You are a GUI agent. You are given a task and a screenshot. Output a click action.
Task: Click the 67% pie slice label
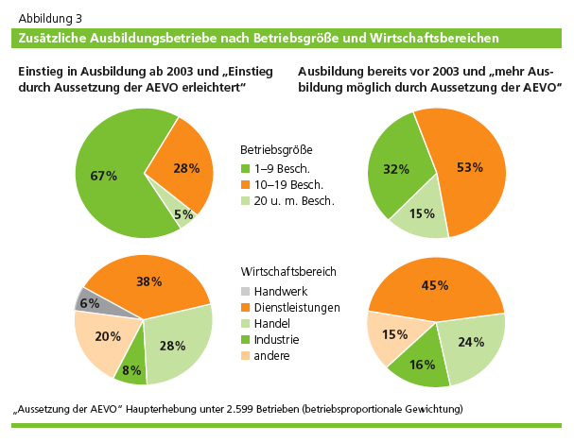tap(104, 176)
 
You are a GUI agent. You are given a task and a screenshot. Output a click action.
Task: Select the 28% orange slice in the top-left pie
tap(185, 168)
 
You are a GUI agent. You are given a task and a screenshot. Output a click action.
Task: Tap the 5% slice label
tap(183, 214)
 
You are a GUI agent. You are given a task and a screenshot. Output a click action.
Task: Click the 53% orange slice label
tap(469, 167)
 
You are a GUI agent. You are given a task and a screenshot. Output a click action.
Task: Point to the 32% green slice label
tap(396, 170)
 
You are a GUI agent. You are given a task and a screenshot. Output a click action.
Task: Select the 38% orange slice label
tap(149, 281)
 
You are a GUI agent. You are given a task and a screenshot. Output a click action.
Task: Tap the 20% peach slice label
tap(108, 337)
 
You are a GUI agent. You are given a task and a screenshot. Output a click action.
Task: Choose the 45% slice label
tap(436, 285)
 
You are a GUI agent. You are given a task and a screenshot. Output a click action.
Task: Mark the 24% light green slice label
tap(472, 343)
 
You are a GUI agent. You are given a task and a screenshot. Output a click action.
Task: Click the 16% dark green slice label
tap(422, 365)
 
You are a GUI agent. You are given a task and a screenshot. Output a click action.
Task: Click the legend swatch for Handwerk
tap(245, 291)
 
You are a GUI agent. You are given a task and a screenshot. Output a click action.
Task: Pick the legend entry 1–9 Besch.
tap(288, 168)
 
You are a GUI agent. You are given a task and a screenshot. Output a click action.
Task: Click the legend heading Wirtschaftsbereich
tap(288, 271)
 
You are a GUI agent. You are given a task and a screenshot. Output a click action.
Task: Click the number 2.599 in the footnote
tap(263, 409)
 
